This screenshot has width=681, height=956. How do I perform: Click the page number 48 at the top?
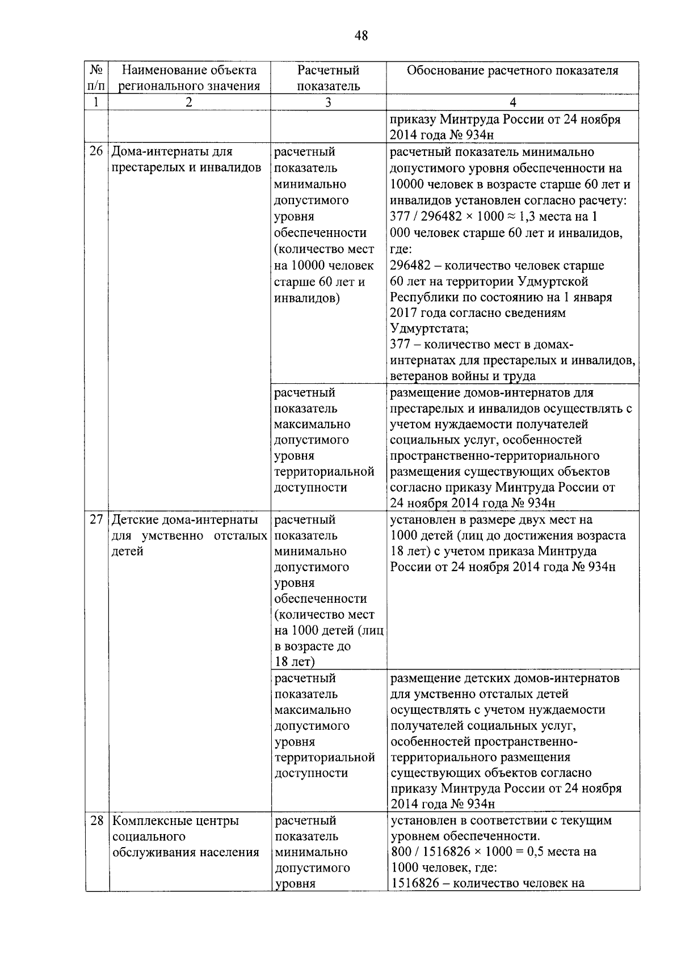click(x=361, y=36)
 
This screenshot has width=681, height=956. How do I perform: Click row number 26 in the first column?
click(x=97, y=152)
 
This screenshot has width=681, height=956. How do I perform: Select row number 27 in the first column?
click(x=97, y=520)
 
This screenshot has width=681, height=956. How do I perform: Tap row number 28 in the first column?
click(x=97, y=820)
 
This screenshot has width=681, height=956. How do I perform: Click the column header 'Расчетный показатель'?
click(x=328, y=78)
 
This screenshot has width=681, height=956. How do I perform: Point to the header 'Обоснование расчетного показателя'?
click(x=512, y=70)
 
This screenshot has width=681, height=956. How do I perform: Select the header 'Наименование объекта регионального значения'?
click(x=190, y=78)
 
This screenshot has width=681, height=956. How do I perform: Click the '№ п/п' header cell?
click(x=97, y=78)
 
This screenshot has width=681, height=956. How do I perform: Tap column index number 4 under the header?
click(x=512, y=103)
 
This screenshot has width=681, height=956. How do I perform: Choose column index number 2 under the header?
click(x=189, y=103)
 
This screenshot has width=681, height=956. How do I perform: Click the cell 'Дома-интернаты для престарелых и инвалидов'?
click(x=186, y=160)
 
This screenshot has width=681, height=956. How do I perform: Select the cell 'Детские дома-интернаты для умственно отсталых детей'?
click(x=189, y=535)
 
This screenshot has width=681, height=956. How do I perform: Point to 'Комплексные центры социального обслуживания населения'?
click(x=186, y=836)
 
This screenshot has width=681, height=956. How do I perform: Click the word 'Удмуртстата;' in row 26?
click(x=430, y=329)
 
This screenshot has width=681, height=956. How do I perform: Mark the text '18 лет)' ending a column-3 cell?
click(x=295, y=662)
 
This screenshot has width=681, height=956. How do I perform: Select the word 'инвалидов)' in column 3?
click(x=307, y=298)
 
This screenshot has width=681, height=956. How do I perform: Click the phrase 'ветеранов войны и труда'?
click(x=463, y=376)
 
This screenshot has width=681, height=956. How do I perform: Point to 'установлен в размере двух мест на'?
click(x=491, y=520)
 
